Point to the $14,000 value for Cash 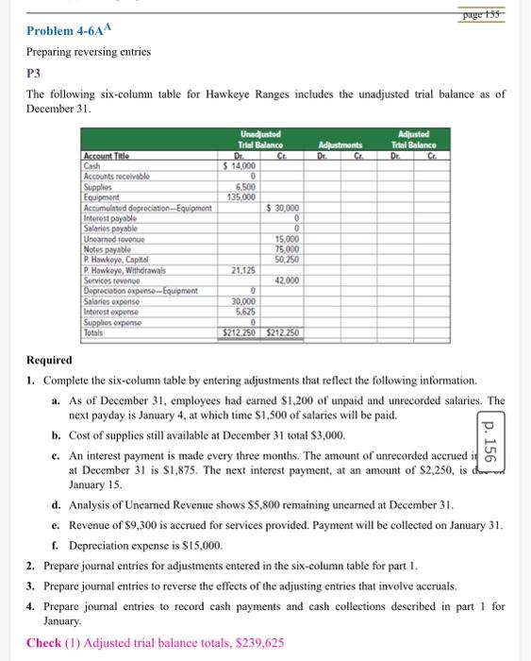239,164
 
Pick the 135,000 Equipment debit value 241,197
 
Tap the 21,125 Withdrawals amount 242,269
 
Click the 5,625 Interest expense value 243,311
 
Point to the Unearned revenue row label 112,239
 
